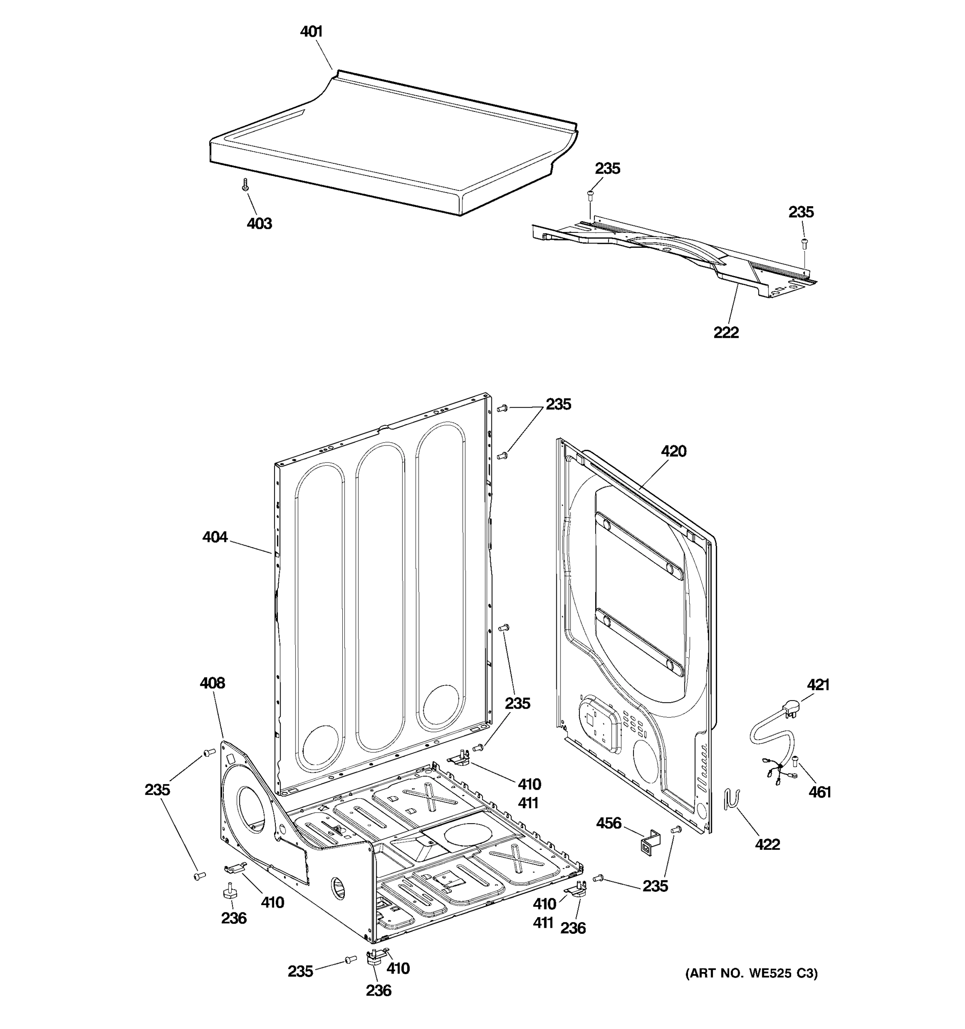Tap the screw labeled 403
pos(245,185)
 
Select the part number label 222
pos(726,332)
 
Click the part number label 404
pos(215,537)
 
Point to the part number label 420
pos(673,451)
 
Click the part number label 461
pos(820,792)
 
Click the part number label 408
pos(212,683)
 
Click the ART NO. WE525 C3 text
pos(751,974)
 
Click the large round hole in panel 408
pos(251,809)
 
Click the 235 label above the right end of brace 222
pos(801,212)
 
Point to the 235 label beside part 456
pos(655,886)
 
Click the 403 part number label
pos(259,224)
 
